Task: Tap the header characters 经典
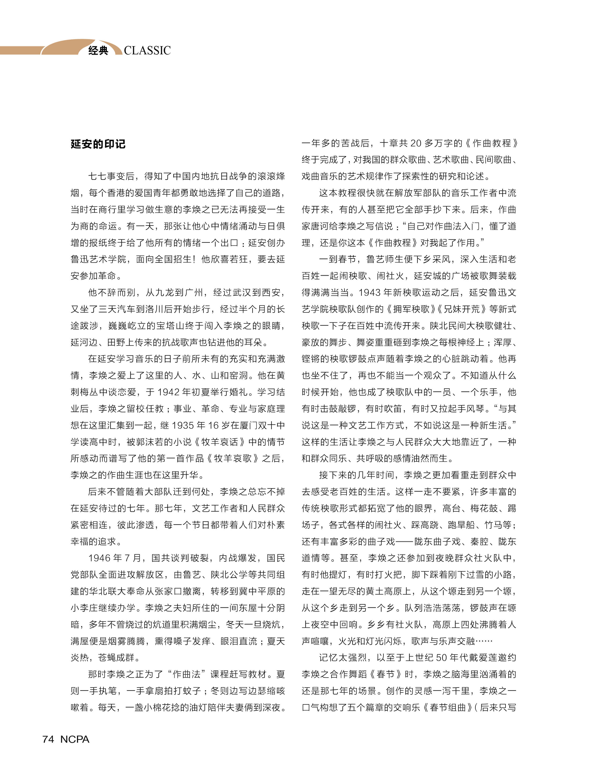98,51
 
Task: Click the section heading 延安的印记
98,144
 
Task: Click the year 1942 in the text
168,392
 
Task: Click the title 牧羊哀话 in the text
220,442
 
